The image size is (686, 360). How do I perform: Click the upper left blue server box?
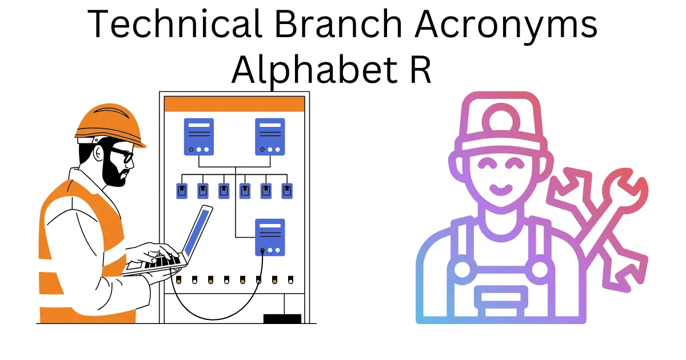pos(198,137)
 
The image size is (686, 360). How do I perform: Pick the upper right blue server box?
pos(269,137)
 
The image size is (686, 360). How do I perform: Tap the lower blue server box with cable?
pos(270,237)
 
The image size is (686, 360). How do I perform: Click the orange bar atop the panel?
pos(234,104)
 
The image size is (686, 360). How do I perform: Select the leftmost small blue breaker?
pos(182,191)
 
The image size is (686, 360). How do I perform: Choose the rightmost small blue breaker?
pos(287,191)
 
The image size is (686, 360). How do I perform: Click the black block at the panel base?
pos(282,318)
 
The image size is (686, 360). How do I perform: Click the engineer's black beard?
pos(114,171)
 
